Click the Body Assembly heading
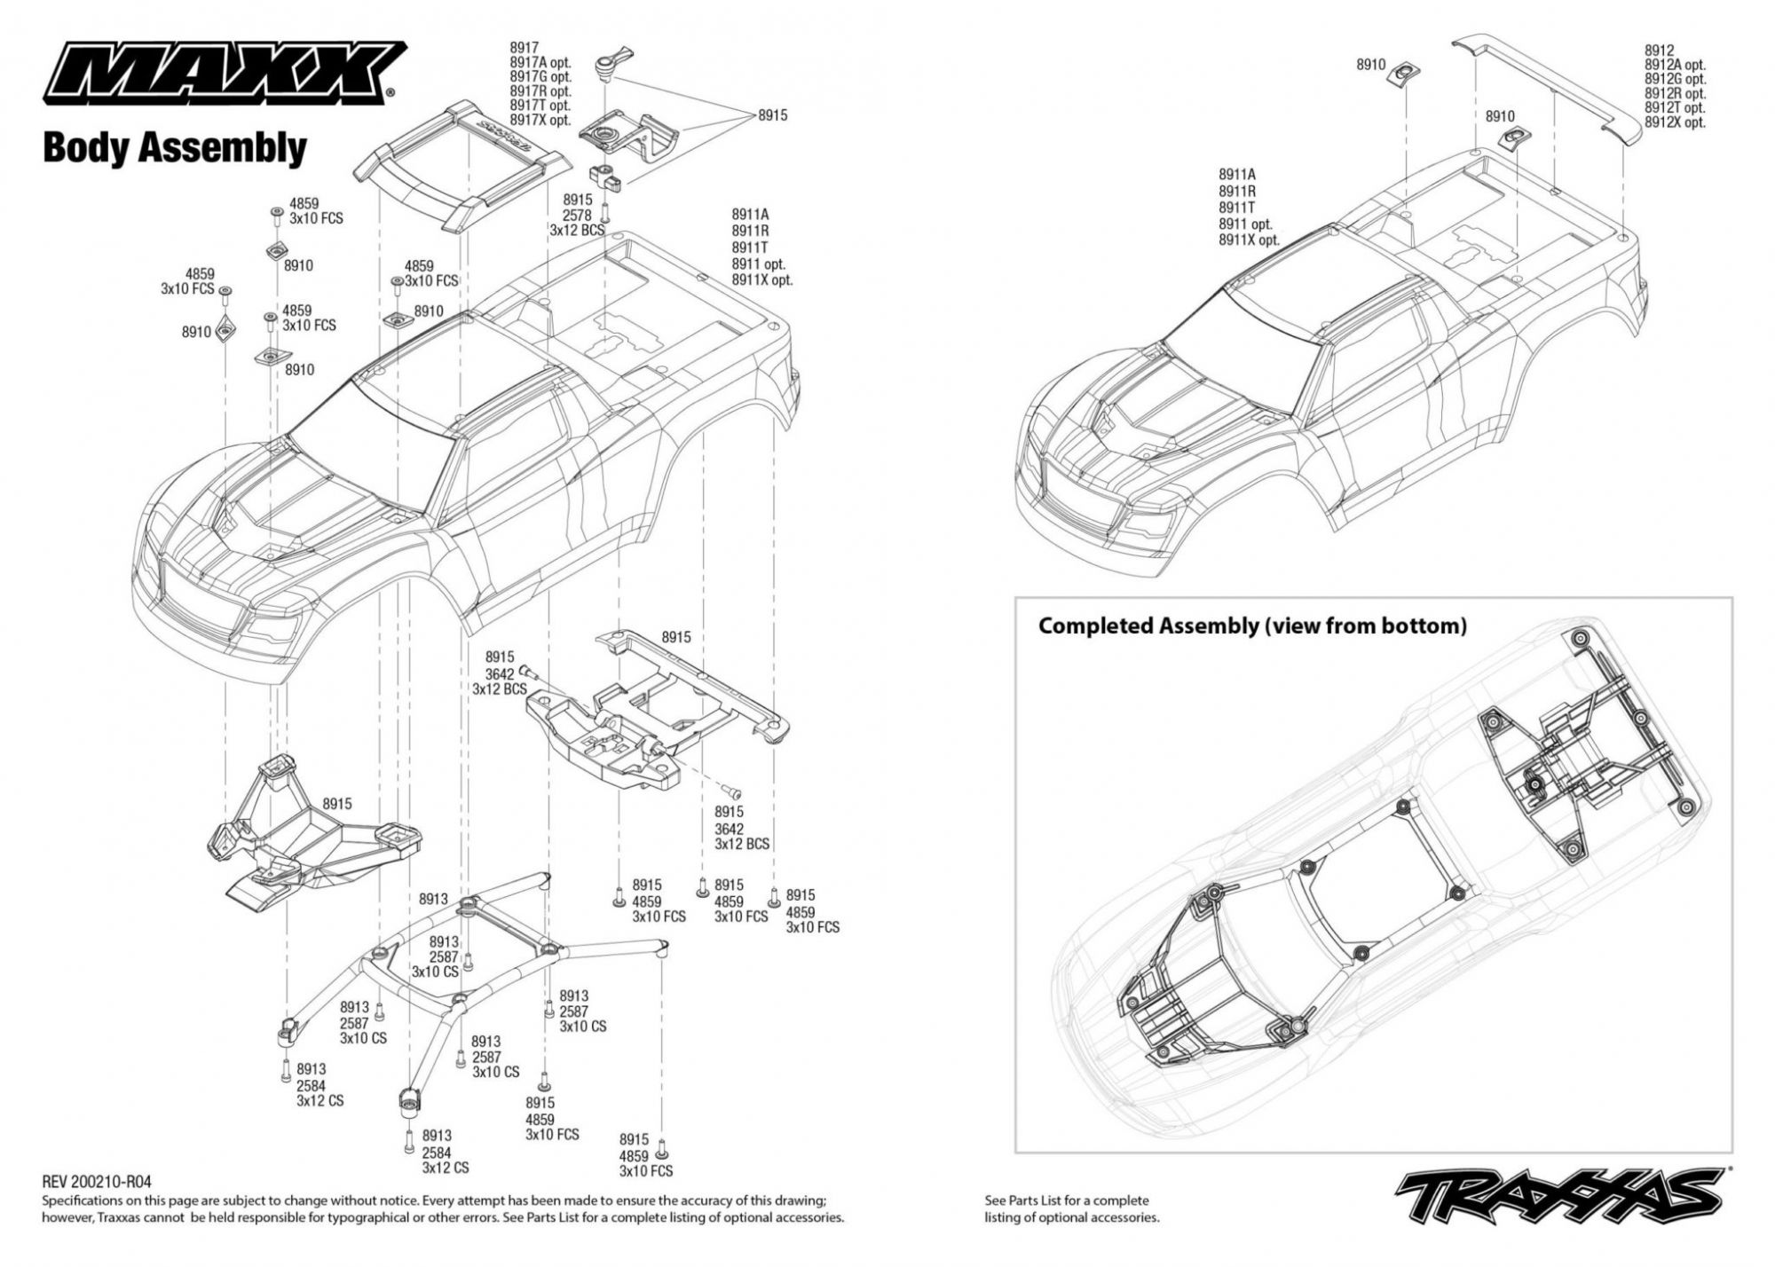tap(174, 147)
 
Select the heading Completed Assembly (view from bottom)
tap(1252, 626)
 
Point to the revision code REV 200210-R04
tap(97, 1182)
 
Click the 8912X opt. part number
tap(1675, 122)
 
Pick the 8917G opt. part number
tap(540, 77)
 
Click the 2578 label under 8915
tap(578, 215)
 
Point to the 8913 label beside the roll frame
tap(433, 899)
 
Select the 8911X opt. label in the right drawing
tap(1249, 240)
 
